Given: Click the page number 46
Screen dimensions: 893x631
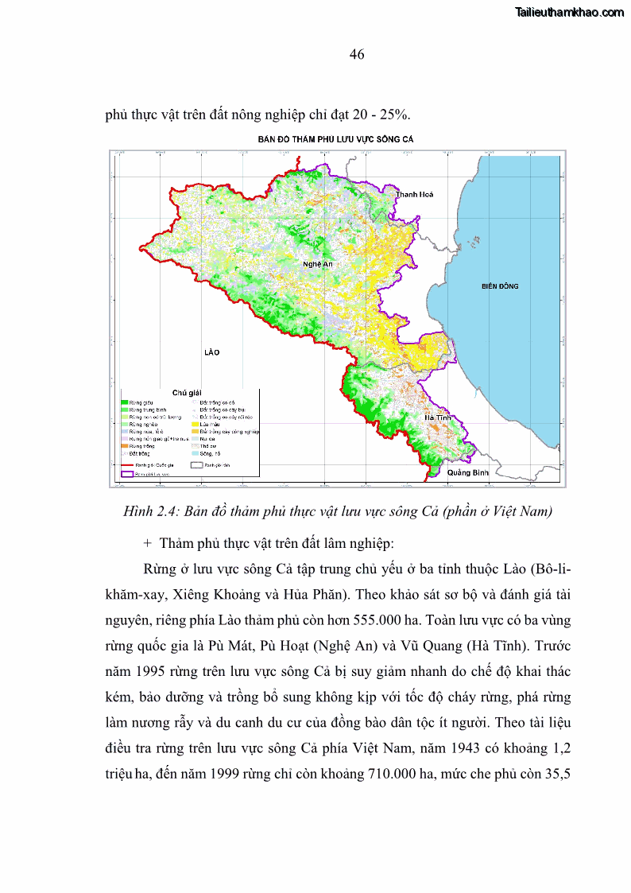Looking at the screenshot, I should (x=357, y=54).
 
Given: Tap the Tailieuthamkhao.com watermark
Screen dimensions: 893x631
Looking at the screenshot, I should (x=570, y=12).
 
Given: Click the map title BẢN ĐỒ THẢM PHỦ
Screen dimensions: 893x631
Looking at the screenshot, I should (x=335, y=139).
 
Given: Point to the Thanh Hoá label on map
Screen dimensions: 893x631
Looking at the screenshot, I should (x=414, y=194).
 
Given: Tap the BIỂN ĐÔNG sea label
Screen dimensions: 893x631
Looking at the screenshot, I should (x=500, y=285).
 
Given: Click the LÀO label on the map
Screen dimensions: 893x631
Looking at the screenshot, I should (x=211, y=351).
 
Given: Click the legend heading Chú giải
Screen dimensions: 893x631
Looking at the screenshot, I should (x=188, y=393).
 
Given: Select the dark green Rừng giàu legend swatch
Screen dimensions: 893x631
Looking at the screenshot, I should (x=125, y=402).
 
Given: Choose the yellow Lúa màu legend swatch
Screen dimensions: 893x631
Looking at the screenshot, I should (x=195, y=424).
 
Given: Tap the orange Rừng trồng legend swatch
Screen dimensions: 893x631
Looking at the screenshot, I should (x=125, y=446).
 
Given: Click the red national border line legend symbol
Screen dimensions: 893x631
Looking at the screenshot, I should (x=126, y=464).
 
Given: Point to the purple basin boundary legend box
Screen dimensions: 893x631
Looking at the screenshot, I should (x=126, y=473).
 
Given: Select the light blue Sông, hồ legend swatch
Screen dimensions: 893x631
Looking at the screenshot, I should (x=195, y=453).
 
